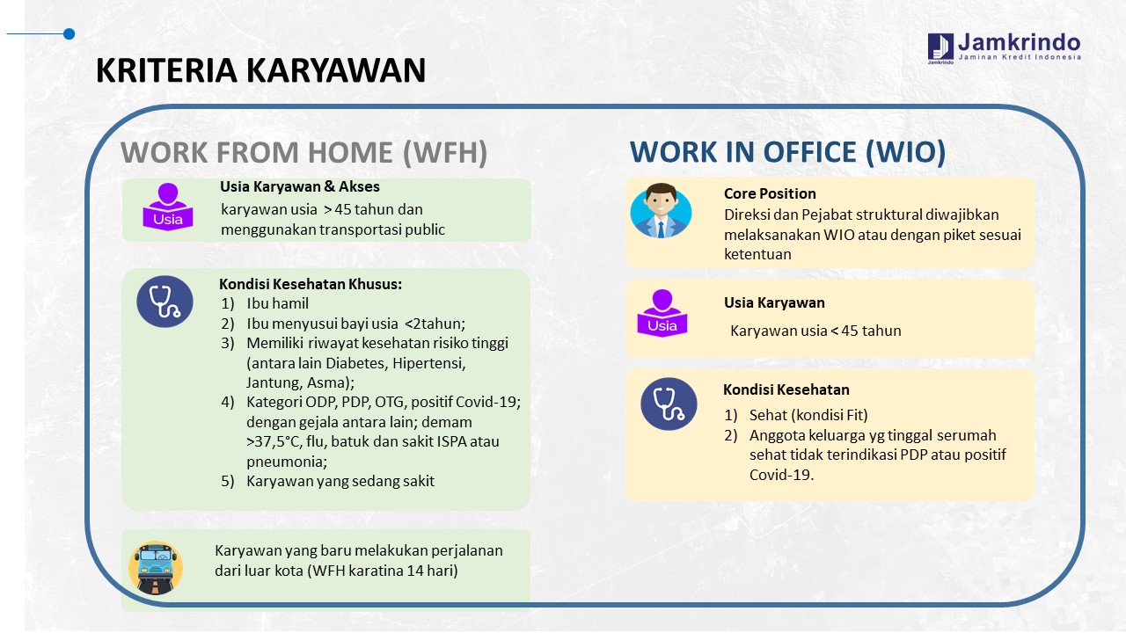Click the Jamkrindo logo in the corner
1004,48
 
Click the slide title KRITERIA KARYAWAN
261,69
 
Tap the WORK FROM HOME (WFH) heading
304,152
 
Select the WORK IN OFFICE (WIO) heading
787,152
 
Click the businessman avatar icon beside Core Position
661,210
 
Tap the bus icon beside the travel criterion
156,568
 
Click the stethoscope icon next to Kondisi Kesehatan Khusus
165,302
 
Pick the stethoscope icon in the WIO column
669,404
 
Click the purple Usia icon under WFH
168,207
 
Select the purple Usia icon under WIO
662,313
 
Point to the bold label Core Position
770,193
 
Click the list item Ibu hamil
277,303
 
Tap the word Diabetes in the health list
357,363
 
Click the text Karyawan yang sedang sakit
340,481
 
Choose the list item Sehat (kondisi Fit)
808,415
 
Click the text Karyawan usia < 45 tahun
815,331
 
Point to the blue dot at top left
69,33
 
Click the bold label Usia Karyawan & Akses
300,186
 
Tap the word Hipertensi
428,363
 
